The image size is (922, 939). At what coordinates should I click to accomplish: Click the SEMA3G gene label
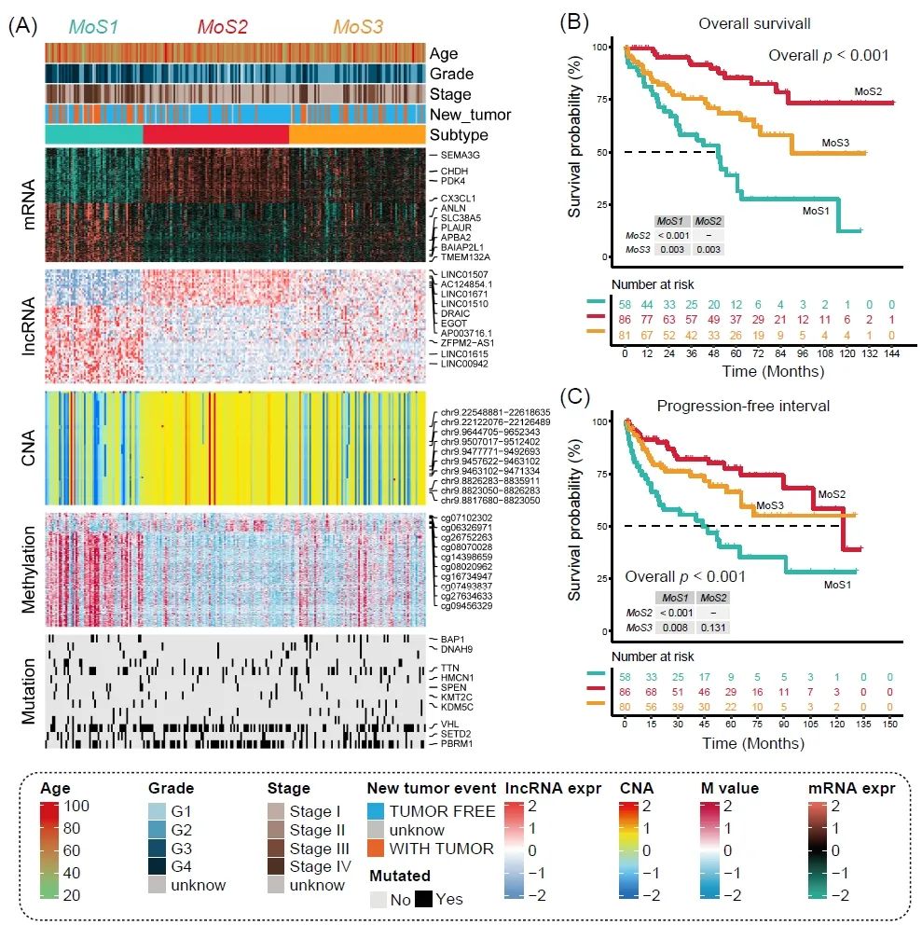(x=461, y=154)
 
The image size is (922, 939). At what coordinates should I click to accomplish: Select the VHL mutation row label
(x=450, y=725)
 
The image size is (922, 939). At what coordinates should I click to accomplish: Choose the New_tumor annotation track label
(x=470, y=115)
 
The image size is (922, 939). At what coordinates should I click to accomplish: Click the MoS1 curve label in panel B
(x=818, y=212)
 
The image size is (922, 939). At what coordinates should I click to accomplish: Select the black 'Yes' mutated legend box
(x=423, y=899)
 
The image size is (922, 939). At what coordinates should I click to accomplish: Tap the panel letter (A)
(x=21, y=26)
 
